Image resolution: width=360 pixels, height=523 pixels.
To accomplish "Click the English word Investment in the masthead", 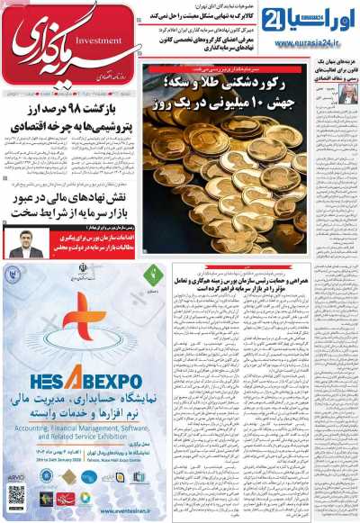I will tap(115, 40).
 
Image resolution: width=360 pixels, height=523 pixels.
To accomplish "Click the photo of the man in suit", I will tap(26, 242).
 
